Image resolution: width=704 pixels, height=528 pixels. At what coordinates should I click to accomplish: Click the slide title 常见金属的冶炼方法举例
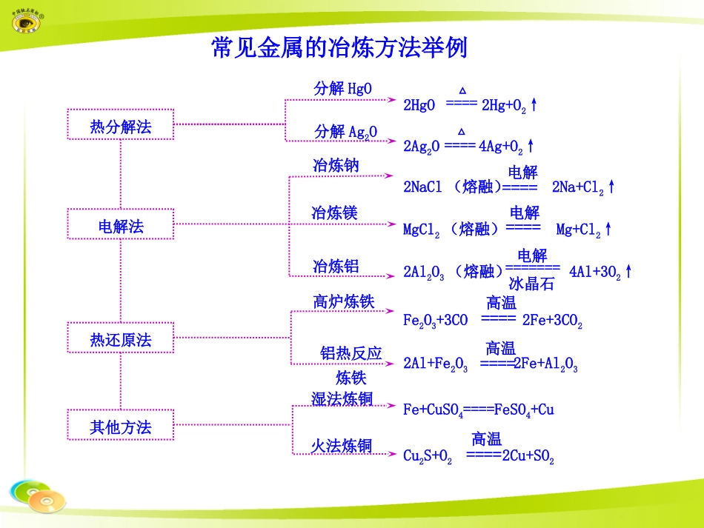339,48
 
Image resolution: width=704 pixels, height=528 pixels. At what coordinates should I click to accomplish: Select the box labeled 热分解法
120,126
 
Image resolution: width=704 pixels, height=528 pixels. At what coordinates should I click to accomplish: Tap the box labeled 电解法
120,225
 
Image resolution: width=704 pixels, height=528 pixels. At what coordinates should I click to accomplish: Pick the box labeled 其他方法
120,427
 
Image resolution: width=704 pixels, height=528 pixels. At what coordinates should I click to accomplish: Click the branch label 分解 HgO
343,88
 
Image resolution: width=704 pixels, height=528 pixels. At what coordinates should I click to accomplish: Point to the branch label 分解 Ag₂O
345,131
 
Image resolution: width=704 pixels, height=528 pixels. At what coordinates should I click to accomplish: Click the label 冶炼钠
336,165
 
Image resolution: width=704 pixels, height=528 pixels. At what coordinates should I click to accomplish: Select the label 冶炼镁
334,213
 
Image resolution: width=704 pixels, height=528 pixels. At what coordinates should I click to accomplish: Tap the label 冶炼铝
336,266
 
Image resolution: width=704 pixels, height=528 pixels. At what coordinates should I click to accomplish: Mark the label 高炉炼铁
343,301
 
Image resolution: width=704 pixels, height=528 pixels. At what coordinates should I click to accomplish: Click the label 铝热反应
351,353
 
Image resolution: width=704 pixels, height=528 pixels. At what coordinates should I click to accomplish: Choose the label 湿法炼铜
342,399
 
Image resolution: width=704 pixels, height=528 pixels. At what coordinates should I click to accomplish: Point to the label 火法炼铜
341,445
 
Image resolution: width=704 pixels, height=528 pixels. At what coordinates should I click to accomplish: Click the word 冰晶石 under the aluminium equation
531,283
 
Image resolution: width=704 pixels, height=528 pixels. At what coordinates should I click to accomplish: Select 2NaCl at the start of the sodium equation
422,187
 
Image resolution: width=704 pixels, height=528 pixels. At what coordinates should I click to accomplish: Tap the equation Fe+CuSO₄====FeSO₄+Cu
479,410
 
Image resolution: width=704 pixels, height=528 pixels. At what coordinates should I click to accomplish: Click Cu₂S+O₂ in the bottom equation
428,456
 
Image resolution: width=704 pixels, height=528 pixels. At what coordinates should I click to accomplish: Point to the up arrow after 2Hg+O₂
534,105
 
